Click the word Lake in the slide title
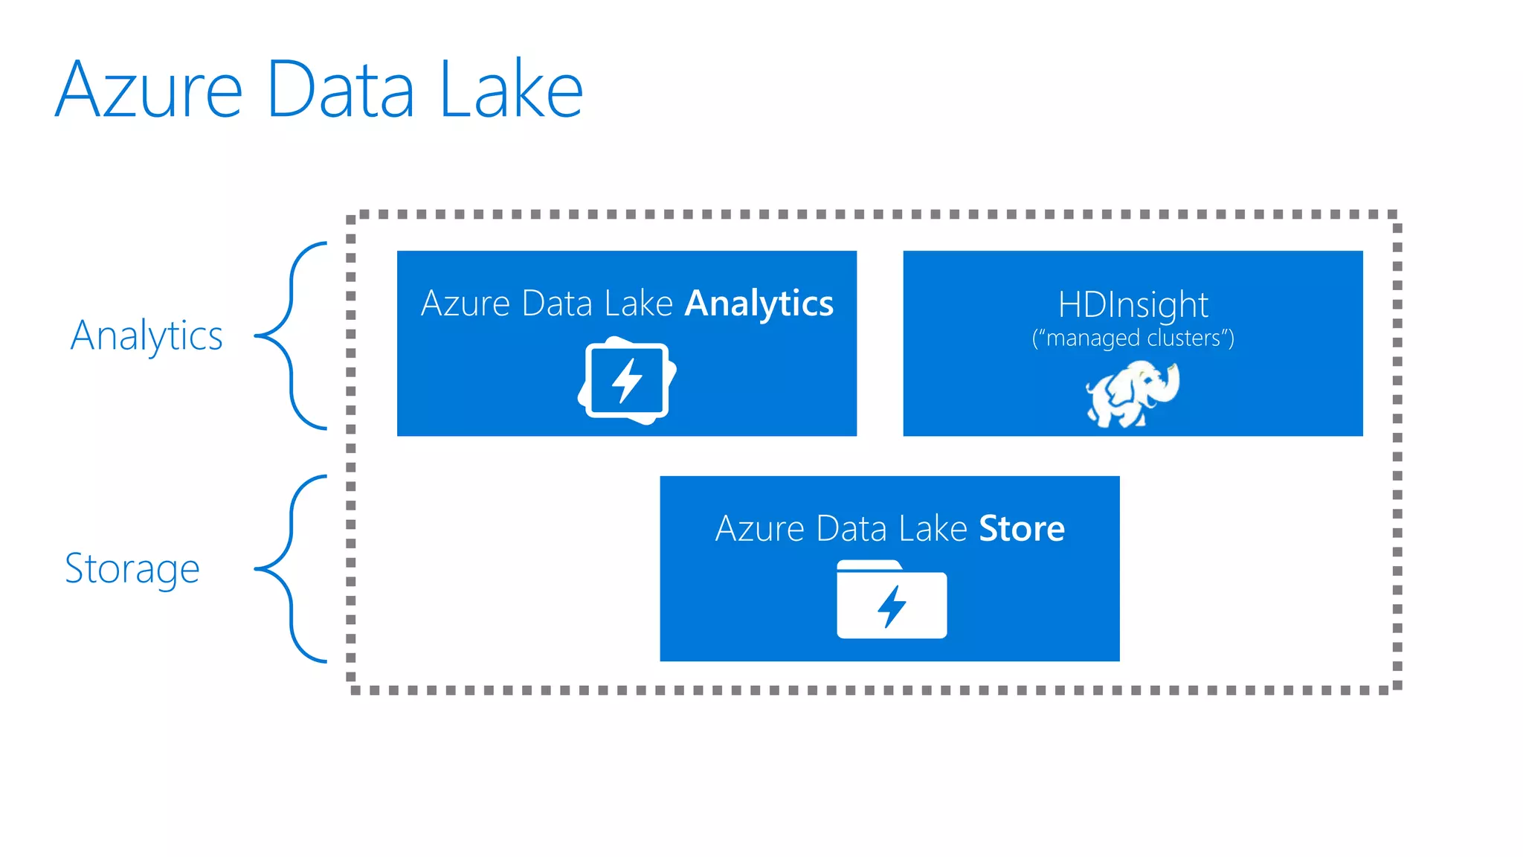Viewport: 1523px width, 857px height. (512, 89)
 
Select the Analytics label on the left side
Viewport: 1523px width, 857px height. (146, 336)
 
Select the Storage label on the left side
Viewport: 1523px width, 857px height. (132, 569)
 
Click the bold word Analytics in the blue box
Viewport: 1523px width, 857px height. (759, 304)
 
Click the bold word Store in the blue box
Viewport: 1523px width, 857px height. (1021, 529)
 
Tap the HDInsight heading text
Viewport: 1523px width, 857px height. (1133, 305)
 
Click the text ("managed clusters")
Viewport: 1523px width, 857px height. (1133, 338)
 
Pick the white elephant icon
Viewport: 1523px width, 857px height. (1130, 394)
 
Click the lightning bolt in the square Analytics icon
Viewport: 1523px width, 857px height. (627, 381)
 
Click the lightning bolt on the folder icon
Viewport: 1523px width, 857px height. (892, 606)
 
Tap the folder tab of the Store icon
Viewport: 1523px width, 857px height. (868, 565)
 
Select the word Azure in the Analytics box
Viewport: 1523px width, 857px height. (466, 304)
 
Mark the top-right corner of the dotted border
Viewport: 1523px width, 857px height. (1397, 216)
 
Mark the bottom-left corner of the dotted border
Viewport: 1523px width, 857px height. (352, 689)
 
